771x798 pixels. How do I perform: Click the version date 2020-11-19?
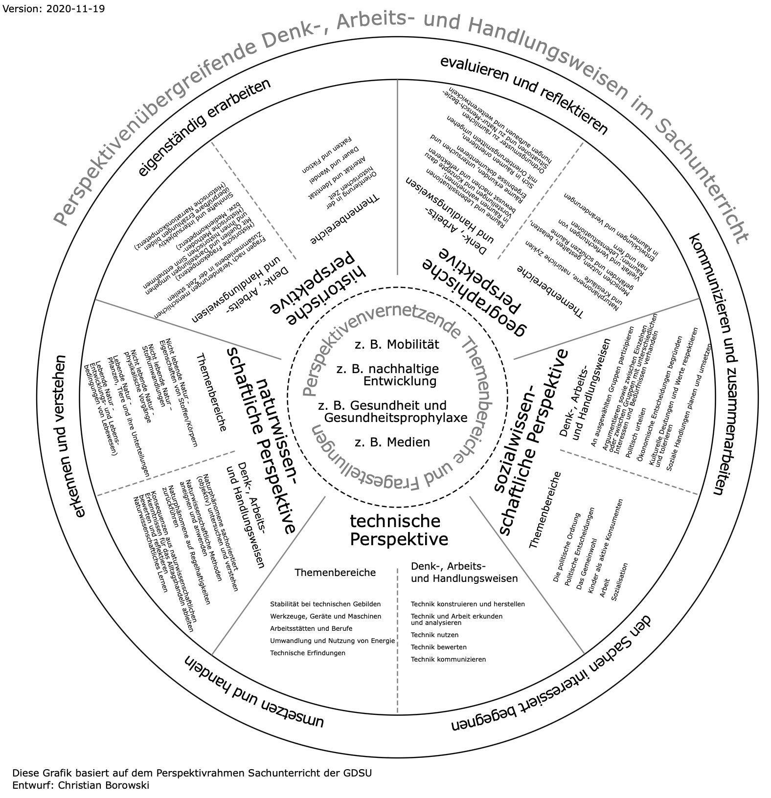[73, 9]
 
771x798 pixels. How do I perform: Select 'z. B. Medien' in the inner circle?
[392, 442]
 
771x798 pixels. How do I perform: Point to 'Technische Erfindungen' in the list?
[308, 653]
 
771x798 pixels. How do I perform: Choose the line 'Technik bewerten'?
[439, 647]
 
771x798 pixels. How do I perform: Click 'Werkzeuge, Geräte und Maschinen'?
[325, 616]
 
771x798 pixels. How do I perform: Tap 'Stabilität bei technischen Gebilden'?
[325, 604]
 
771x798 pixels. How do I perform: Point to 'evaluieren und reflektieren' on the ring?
[523, 95]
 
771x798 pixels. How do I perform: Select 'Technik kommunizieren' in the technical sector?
[449, 659]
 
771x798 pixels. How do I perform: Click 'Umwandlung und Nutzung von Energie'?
[332, 641]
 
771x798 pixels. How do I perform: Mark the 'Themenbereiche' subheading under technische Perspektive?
[335, 572]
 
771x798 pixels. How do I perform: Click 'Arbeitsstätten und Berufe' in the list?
[311, 628]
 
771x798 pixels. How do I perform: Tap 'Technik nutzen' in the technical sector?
[435, 635]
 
